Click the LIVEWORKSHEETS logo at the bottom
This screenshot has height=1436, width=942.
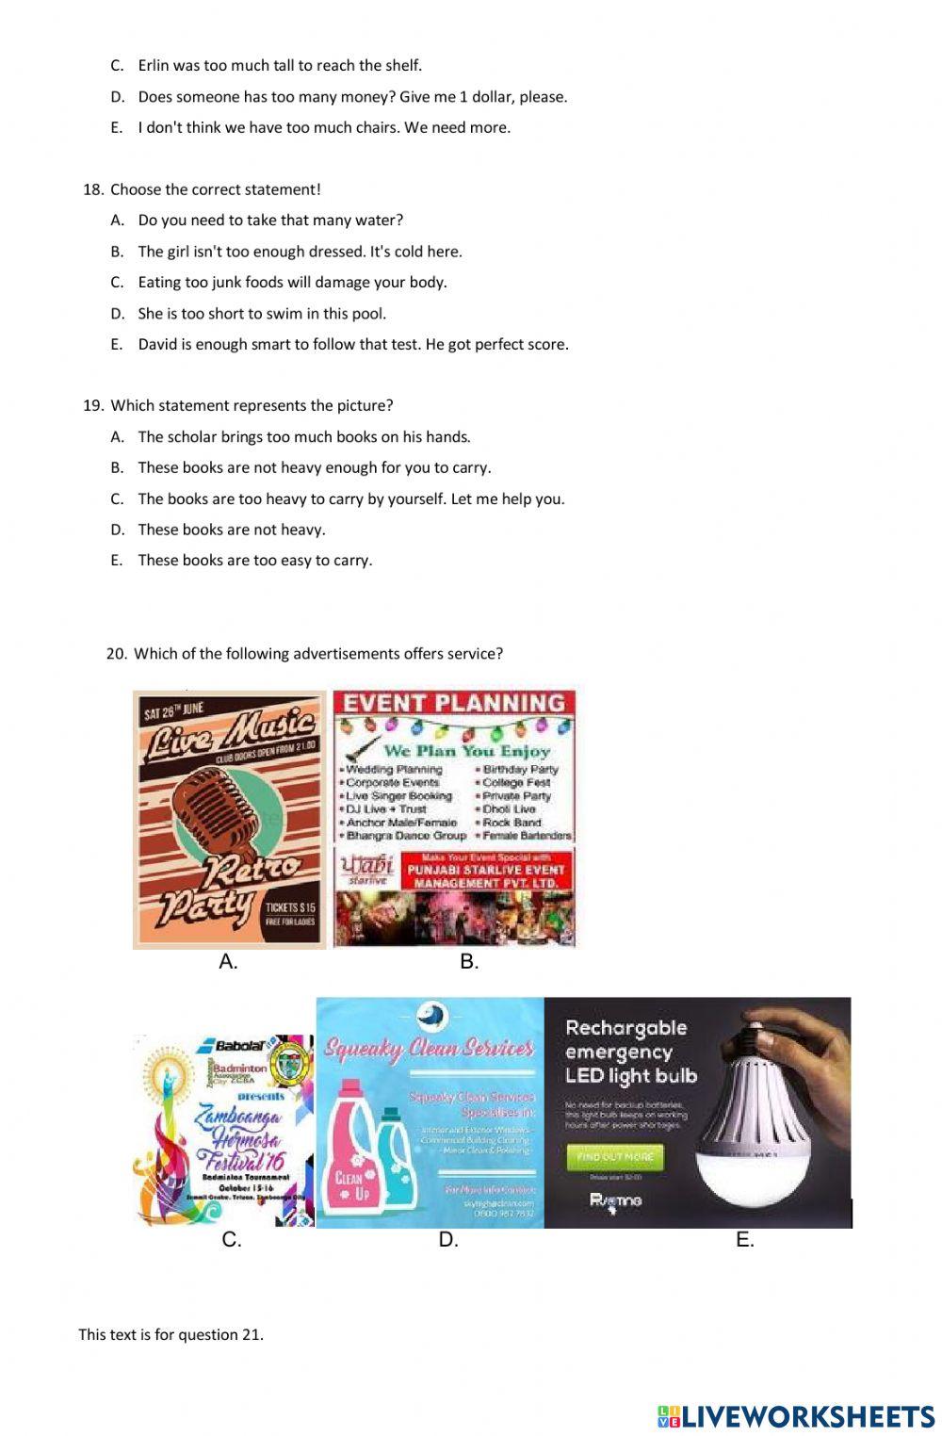click(x=796, y=1415)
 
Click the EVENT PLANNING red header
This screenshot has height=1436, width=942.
click(x=454, y=703)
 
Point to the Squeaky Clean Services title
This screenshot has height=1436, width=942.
click(x=430, y=1049)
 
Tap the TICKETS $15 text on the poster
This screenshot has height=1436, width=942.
click(x=290, y=907)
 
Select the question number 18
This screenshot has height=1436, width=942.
click(x=92, y=189)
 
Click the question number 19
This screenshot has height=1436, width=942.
click(x=92, y=406)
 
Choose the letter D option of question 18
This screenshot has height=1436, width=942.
click(x=117, y=314)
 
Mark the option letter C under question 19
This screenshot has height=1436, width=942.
click(x=117, y=499)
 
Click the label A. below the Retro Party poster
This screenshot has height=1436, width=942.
click(x=228, y=962)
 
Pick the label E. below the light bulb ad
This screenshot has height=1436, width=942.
click(x=744, y=1240)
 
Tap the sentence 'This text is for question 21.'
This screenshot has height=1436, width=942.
click(x=171, y=1334)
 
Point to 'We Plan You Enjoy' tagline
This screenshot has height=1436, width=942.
click(x=466, y=751)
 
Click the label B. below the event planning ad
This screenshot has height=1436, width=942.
click(x=469, y=962)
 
